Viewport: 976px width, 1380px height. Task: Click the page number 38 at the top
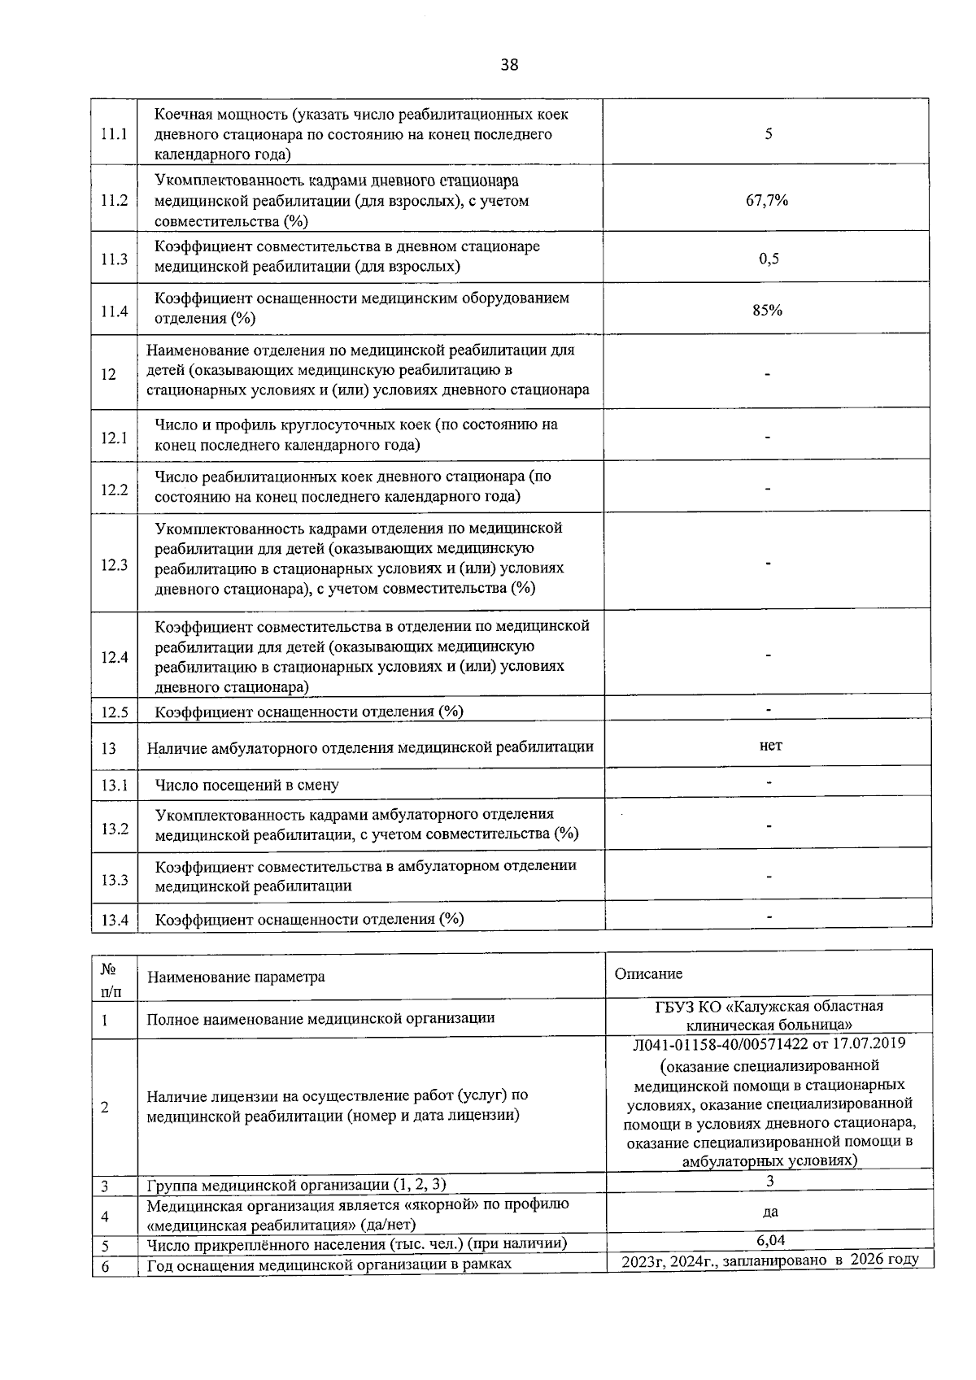(x=509, y=65)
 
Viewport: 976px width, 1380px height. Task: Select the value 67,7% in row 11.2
(x=767, y=200)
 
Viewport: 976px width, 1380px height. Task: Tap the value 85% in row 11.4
(x=767, y=310)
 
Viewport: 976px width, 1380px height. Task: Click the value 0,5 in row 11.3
(x=769, y=259)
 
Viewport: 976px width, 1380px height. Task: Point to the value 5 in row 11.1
(x=768, y=134)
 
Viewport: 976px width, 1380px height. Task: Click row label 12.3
(x=115, y=564)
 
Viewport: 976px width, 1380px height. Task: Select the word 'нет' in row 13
(x=769, y=745)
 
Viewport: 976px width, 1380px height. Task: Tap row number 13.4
(x=115, y=920)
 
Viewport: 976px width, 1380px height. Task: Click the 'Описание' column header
(x=648, y=974)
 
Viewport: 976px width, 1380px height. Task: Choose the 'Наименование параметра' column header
(x=235, y=977)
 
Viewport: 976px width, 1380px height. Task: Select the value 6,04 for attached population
(x=770, y=1240)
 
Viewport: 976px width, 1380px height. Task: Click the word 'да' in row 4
(x=770, y=1212)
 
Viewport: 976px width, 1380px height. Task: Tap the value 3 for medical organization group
(x=769, y=1181)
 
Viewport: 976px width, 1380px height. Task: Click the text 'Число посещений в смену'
(x=246, y=786)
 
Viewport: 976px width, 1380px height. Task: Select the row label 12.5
(x=115, y=712)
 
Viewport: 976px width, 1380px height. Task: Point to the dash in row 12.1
(x=768, y=437)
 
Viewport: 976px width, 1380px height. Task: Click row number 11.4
(x=115, y=311)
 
